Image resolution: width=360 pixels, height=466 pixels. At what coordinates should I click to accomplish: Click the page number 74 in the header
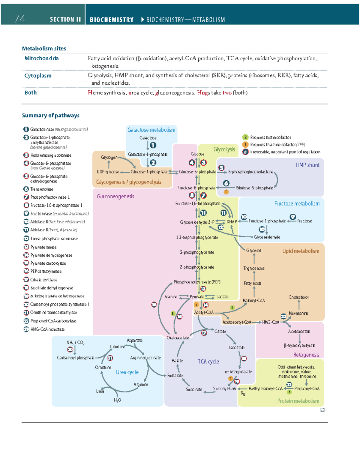coord(20,19)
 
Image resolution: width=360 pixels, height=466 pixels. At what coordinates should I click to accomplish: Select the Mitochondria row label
coord(41,58)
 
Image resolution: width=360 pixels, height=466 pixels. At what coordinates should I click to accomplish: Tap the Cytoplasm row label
coord(38,76)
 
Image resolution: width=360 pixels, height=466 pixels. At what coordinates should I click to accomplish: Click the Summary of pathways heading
coord(51,116)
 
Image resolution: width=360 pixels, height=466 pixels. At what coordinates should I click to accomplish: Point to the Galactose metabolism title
coord(151,130)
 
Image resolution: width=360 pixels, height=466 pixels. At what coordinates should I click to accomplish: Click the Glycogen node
coord(109,157)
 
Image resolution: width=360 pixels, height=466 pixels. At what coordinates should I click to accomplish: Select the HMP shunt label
coord(307,165)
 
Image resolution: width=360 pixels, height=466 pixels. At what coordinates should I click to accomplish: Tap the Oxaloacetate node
coord(178,338)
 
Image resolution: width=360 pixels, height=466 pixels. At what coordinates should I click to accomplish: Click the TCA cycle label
coord(208,362)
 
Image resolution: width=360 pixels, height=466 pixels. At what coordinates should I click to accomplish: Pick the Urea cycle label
coord(127,372)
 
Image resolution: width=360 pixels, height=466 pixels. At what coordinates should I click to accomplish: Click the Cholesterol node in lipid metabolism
coord(298,297)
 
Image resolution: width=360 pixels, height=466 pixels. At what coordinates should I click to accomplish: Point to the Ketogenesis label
coord(306,355)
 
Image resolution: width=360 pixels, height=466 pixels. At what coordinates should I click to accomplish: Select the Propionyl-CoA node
coord(307,389)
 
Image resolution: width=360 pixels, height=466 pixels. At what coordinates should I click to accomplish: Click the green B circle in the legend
coord(245,137)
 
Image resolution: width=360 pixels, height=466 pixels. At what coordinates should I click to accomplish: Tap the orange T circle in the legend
coord(245,145)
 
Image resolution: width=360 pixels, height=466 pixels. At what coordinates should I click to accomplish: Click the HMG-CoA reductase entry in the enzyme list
coord(47,329)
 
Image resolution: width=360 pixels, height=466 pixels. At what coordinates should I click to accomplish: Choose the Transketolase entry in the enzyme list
coord(42,189)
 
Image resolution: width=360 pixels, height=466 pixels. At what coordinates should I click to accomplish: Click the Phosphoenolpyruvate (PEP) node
coord(197,282)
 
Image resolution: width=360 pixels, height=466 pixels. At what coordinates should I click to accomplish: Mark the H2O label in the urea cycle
coord(118,400)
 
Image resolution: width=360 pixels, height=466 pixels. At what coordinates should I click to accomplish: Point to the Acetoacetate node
coord(299,332)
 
